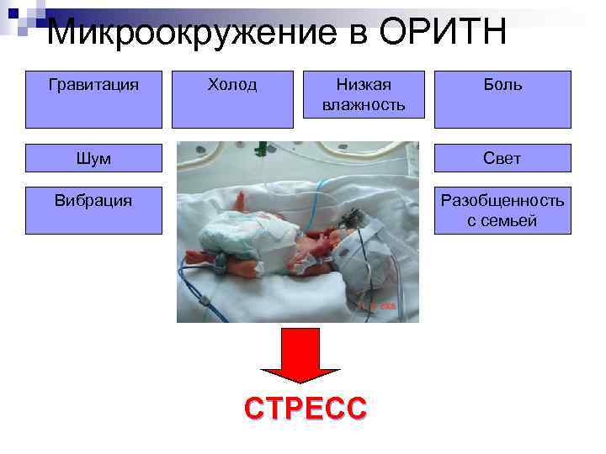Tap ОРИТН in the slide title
[x=443, y=34]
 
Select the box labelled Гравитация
[x=93, y=98]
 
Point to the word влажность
[x=363, y=105]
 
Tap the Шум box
[x=93, y=158]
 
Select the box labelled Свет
[x=502, y=158]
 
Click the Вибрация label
[x=93, y=200]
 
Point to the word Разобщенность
[x=502, y=200]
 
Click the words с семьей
[x=502, y=221]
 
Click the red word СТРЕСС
[x=306, y=409]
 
